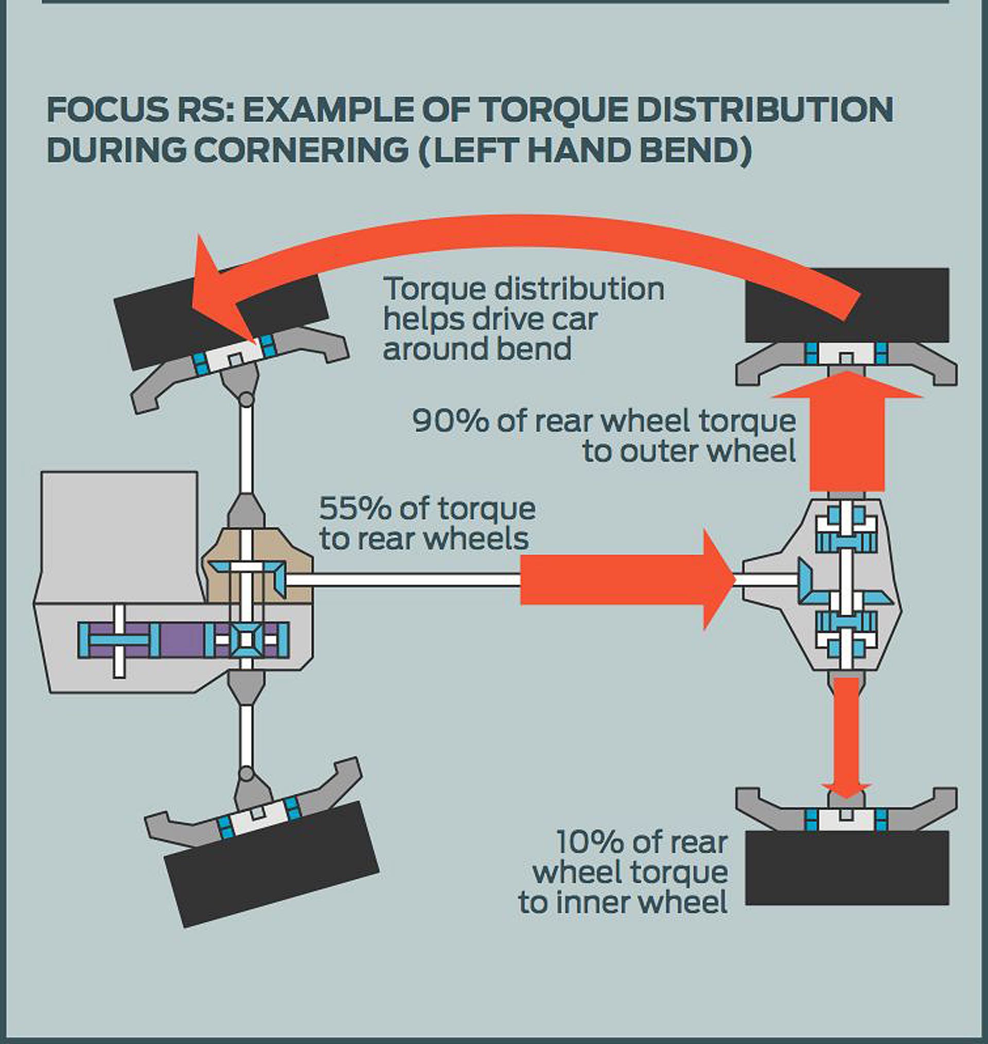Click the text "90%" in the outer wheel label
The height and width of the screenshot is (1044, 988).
[x=450, y=421]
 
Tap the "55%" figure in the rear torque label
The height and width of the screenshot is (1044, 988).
[x=355, y=508]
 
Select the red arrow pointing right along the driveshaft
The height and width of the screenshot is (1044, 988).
[x=622, y=580]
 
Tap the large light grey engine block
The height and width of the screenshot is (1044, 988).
[x=119, y=532]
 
